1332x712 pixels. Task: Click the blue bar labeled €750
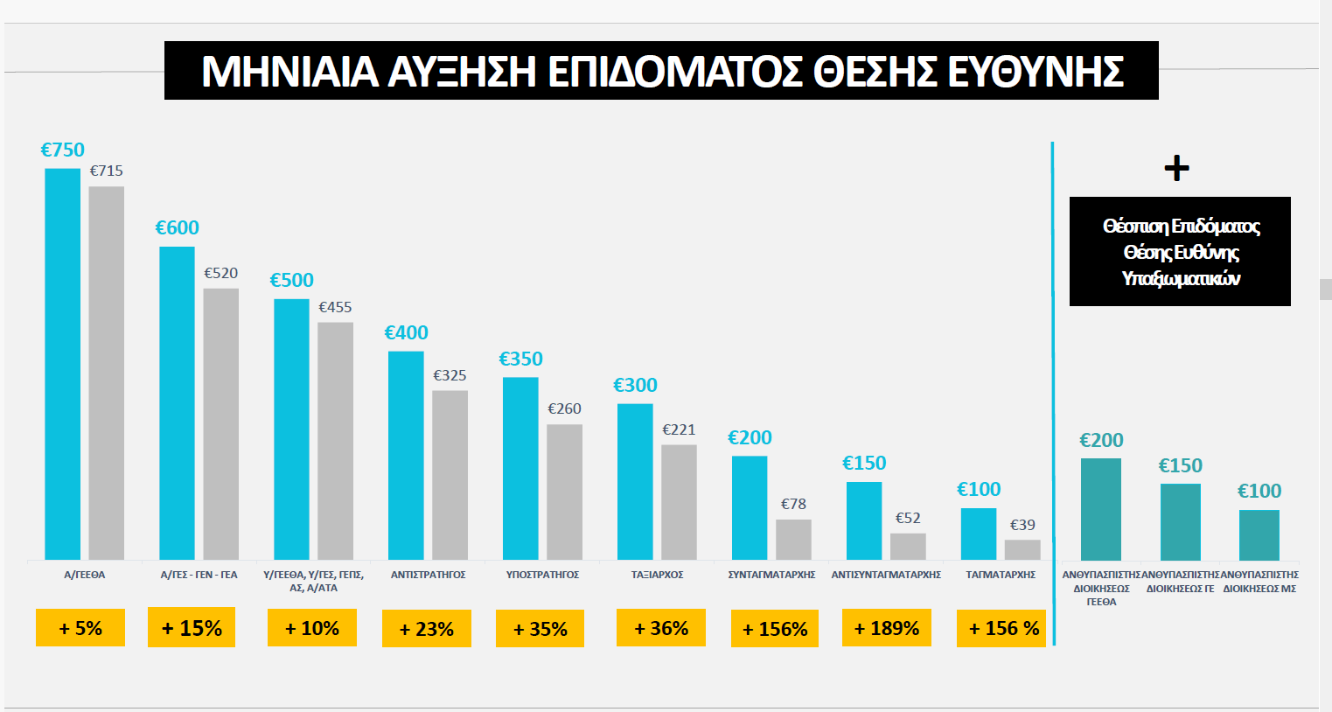(x=62, y=363)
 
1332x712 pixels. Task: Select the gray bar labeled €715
(x=106, y=373)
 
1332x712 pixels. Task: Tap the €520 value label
(x=220, y=273)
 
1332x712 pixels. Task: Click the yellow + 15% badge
(x=192, y=628)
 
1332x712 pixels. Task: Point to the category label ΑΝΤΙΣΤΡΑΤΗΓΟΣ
(x=428, y=575)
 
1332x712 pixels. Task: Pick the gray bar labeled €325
(x=450, y=475)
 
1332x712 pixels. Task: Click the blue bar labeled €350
(x=520, y=468)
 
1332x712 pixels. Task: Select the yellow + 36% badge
(x=661, y=628)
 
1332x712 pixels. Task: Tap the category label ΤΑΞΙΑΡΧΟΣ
(x=657, y=575)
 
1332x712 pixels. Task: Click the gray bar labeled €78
(x=793, y=540)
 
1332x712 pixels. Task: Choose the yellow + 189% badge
(x=886, y=628)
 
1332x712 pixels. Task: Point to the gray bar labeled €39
(x=1022, y=549)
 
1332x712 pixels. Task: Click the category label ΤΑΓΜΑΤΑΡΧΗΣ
(x=1001, y=575)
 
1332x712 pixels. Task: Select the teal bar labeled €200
(x=1101, y=509)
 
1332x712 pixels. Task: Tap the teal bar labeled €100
(x=1259, y=534)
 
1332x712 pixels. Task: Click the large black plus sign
(x=1177, y=168)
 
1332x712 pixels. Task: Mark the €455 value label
(x=335, y=307)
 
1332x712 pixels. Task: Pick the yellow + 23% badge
(x=426, y=629)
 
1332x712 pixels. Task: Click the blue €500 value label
(x=291, y=280)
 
